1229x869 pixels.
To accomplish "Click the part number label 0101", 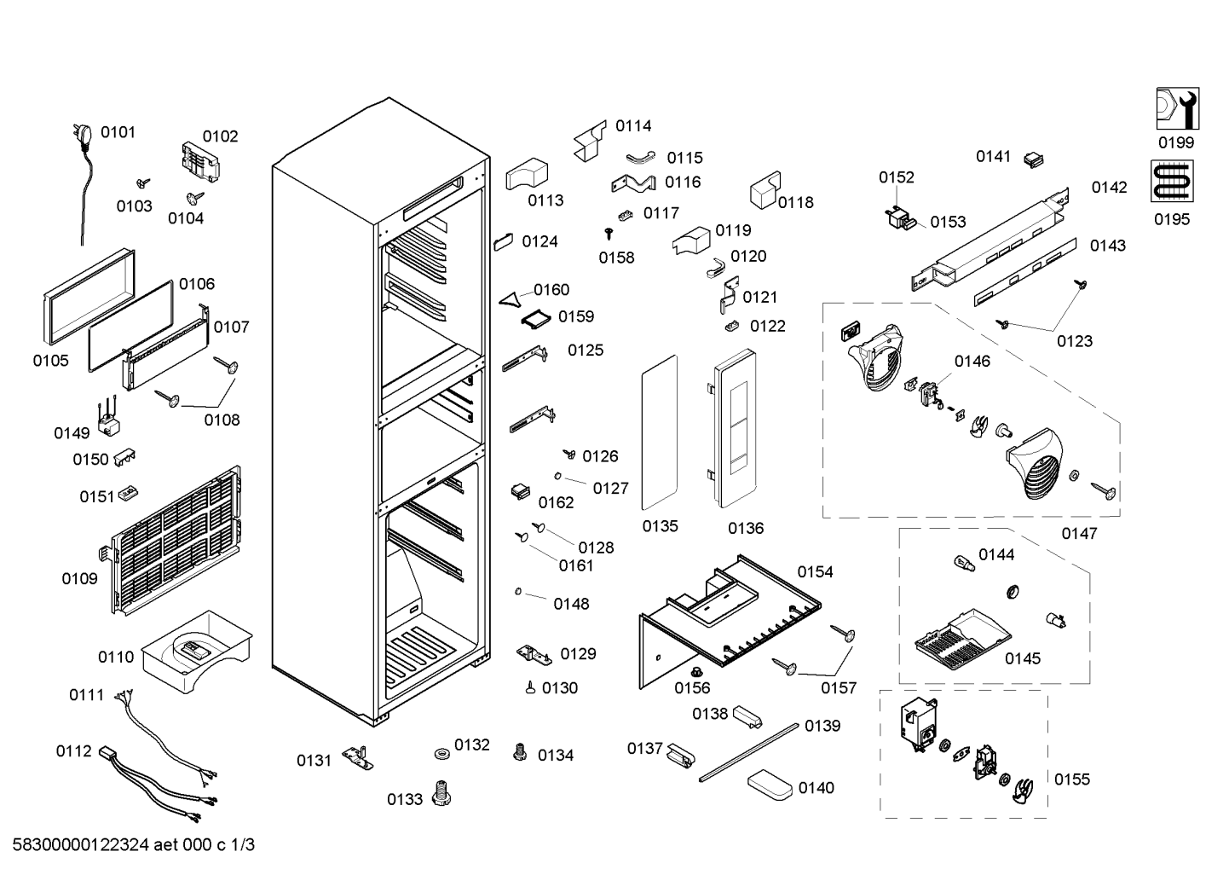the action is point(118,132).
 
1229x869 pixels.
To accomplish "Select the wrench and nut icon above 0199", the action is point(1177,108).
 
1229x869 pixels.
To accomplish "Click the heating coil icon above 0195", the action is point(1172,182).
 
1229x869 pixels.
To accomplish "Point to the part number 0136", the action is point(746,528).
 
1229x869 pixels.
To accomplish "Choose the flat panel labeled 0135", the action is point(660,432).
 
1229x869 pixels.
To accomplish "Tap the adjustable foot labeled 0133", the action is point(441,793).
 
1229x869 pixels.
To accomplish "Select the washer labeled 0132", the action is point(441,753).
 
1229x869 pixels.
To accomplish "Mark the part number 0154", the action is point(815,572).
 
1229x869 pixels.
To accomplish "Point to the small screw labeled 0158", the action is point(609,234).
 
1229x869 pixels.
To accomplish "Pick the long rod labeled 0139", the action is point(749,753).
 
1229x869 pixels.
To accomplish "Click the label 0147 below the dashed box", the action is point(1079,533).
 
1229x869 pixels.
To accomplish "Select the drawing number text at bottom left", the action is point(133,844).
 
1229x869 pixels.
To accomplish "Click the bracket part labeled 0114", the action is point(590,141).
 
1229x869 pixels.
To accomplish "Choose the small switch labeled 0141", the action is point(1034,159).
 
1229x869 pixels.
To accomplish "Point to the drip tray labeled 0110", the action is point(196,652).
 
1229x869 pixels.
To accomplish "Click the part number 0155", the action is point(1072,779).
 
